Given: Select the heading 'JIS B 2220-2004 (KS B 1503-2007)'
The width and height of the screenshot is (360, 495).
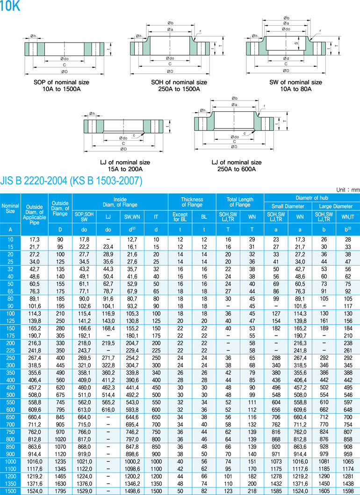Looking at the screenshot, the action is pos(71,181).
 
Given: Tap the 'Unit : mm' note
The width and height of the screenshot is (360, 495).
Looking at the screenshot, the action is pos(348,190).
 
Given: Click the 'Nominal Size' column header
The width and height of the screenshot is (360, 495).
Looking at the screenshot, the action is pos(10,208).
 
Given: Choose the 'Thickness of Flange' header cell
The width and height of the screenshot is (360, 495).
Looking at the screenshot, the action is pos(192,202).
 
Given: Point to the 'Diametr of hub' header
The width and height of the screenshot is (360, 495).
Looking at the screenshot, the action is pos(312,198).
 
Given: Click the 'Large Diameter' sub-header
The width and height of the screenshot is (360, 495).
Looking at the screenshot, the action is pos(336,206).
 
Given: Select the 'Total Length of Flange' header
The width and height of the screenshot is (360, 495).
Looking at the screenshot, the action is pos(240,202).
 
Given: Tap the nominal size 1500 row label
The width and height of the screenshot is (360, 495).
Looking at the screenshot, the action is pos(10,491).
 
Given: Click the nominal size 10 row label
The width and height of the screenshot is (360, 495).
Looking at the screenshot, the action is pos(10,240).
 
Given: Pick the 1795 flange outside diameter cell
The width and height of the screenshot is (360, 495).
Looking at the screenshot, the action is pos(60,491).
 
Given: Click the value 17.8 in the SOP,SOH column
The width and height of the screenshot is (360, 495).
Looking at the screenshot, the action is pos(84,240).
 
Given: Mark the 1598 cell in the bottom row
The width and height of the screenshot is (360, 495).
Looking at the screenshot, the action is pos(348,491).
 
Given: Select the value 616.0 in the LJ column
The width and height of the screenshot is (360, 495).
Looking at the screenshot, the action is pos(108,410).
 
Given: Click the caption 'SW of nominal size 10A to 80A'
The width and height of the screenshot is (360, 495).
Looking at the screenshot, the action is pos(295,86).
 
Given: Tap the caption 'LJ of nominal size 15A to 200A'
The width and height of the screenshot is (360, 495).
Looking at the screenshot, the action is pos(125,166).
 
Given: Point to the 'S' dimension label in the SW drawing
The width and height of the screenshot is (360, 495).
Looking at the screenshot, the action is pos(296,43).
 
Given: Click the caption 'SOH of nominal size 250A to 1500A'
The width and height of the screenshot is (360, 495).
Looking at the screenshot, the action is pos(179,86).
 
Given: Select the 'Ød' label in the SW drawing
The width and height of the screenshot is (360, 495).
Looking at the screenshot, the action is pos(286,58).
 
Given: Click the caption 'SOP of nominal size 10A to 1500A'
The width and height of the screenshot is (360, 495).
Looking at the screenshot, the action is pos(62,86).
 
